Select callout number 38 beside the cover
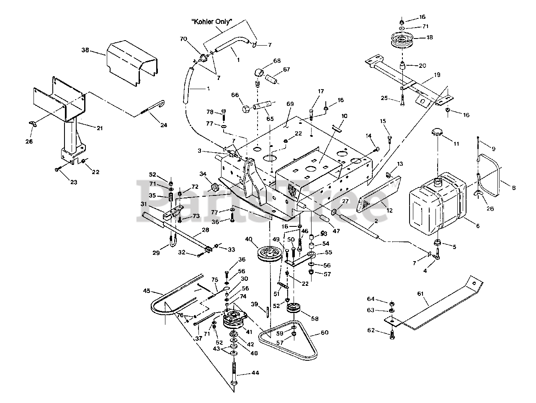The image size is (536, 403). tap(85, 50)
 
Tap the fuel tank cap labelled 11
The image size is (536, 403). tap(437, 133)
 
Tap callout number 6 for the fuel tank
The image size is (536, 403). tap(477, 226)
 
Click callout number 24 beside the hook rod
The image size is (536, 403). tap(164, 125)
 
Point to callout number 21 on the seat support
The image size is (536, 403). tap(99, 128)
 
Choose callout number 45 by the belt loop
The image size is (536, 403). tap(147, 291)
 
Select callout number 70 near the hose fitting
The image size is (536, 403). tap(183, 39)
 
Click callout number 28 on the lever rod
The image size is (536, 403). tap(206, 230)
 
